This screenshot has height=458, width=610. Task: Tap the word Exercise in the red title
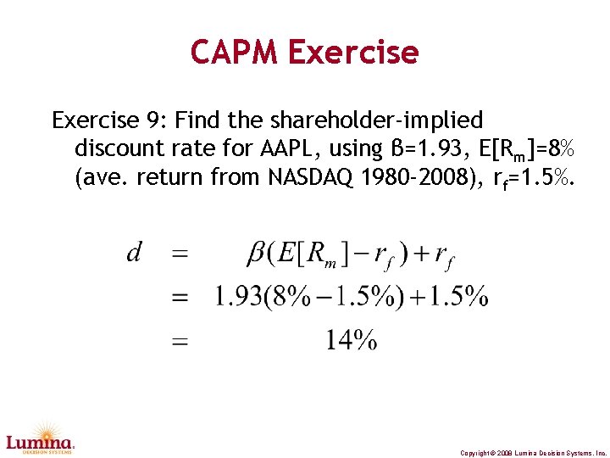352,53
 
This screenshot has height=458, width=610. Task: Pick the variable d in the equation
134,252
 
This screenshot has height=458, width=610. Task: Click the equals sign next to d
180,253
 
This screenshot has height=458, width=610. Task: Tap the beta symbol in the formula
255,253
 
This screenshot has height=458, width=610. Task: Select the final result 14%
352,341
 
